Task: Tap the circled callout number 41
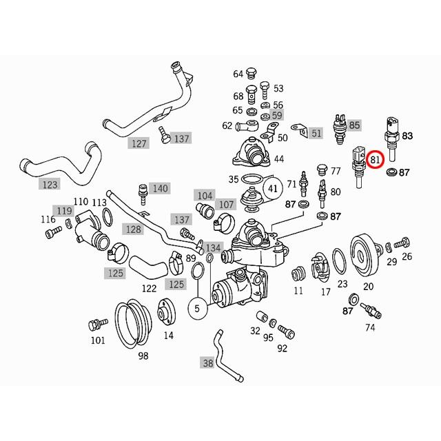273,187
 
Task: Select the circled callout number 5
197,309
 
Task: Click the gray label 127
140,143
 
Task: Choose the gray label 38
207,362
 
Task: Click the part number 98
143,356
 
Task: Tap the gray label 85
354,125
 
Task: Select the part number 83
407,136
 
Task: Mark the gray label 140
160,188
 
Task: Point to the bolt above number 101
96,324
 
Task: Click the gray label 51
316,133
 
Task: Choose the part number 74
371,327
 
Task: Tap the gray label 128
133,229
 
